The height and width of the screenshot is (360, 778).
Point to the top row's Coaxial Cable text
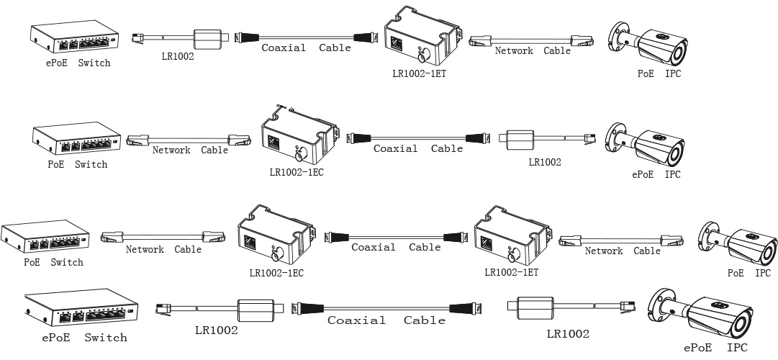(306, 48)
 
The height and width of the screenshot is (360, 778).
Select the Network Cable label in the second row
(190, 150)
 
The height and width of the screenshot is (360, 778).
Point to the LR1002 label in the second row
(545, 163)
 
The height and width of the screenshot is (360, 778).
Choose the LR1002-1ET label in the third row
(511, 273)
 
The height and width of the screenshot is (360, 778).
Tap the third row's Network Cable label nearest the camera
(623, 251)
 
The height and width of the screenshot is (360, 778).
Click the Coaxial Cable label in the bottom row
(386, 320)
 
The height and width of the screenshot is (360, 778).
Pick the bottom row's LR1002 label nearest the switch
(217, 331)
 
